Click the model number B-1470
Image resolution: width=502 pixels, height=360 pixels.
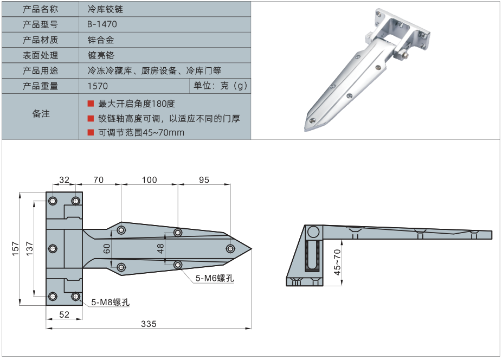(102, 24)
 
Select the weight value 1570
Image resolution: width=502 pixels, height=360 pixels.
(98, 86)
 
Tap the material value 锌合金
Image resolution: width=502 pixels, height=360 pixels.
(101, 40)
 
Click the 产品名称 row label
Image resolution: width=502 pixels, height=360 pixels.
(41, 9)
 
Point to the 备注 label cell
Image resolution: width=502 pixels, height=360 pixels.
(41, 114)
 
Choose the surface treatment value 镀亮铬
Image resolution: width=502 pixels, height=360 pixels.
(101, 55)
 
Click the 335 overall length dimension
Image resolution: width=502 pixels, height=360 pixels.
(149, 324)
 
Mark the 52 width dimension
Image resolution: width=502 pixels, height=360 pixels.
(64, 314)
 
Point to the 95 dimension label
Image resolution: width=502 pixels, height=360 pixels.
(204, 180)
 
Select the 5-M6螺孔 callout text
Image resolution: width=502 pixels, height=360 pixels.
(215, 278)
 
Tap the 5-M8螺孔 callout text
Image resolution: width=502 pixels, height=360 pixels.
(110, 302)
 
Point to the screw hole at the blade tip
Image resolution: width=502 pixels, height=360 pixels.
(230, 249)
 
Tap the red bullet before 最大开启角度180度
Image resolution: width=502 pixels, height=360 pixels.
(91, 103)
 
